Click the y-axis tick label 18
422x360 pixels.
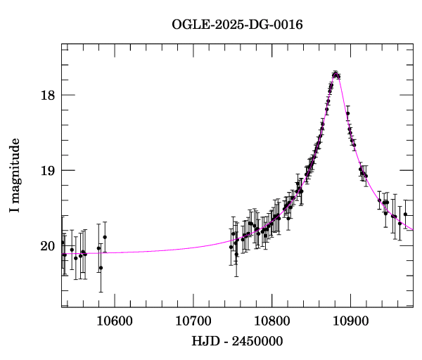[x=48, y=96]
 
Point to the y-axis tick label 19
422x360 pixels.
[x=48, y=171]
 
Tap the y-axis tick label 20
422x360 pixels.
[x=48, y=246]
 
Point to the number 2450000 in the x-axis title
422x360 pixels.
[x=260, y=341]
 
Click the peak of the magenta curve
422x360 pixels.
[x=336, y=73]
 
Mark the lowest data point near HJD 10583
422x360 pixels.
[x=101, y=268]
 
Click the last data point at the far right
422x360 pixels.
[x=405, y=214]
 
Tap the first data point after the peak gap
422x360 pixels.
[x=347, y=113]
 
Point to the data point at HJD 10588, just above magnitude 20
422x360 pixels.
[x=105, y=237]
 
